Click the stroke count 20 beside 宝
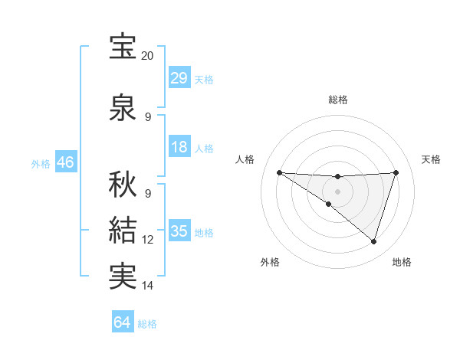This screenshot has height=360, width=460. [x=147, y=56]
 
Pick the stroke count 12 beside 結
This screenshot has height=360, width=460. [x=147, y=240]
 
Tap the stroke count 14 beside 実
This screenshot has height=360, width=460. [x=147, y=286]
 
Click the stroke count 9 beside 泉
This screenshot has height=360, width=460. [x=147, y=117]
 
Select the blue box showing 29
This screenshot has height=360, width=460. [x=179, y=78]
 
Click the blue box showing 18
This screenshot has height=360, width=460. [x=179, y=147]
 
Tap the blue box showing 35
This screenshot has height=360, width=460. [x=179, y=231]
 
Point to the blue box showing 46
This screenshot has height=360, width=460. [x=65, y=162]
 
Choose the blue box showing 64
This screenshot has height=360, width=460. [x=123, y=322]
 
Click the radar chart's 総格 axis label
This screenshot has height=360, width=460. [x=337, y=100]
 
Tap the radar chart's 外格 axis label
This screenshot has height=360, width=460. [x=270, y=262]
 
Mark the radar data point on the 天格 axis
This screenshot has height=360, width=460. [x=396, y=172]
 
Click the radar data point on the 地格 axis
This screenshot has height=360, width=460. [x=373, y=241]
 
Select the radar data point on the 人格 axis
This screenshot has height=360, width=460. [x=279, y=172]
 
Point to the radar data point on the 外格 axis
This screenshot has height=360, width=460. [x=328, y=204]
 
